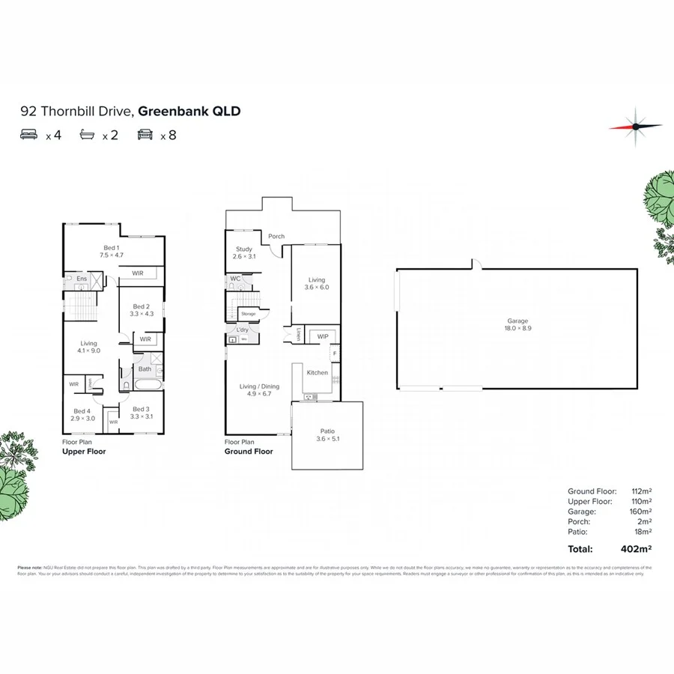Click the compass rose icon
coord(635,126)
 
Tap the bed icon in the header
coord(29,136)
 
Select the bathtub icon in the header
coord(87,136)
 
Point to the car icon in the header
coord(145,136)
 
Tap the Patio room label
coord(327,435)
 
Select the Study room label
coord(243,253)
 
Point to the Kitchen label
coord(317,372)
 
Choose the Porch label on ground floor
coord(276,237)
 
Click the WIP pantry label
coord(324,336)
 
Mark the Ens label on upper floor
coord(82,279)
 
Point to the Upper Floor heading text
coord(84,452)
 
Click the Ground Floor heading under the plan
coord(249,452)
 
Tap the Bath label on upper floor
coord(145,368)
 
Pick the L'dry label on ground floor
coord(242,330)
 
